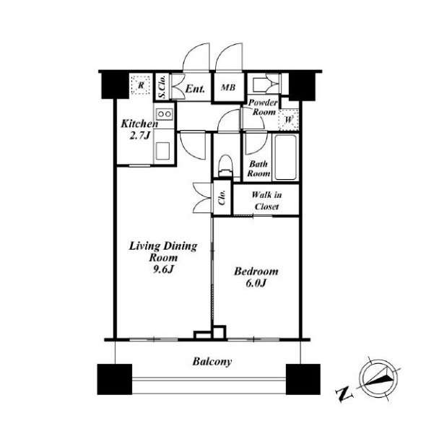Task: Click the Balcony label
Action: click(x=212, y=362)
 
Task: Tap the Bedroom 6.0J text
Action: click(x=256, y=277)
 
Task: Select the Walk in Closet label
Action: click(x=267, y=201)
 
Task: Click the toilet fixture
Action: click(x=225, y=166)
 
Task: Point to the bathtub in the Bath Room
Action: click(x=285, y=157)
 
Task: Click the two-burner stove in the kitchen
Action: click(x=165, y=114)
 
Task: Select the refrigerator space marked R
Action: click(x=141, y=84)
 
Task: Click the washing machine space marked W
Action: click(x=289, y=119)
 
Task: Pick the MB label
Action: click(x=228, y=87)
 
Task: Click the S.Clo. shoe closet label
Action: click(x=162, y=87)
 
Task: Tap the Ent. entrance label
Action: click(x=195, y=89)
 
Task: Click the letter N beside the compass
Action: click(x=344, y=394)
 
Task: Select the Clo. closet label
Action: click(x=222, y=197)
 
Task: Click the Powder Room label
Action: click(x=263, y=107)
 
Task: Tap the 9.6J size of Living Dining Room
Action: click(x=163, y=269)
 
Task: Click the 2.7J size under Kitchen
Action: click(x=139, y=136)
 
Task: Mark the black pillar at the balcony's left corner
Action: click(x=115, y=379)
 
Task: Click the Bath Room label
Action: click(x=259, y=168)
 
